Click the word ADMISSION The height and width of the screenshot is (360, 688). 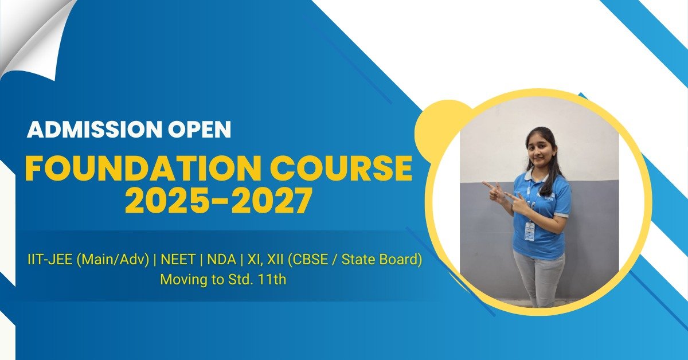pos(95,130)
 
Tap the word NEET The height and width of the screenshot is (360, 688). pos(178,260)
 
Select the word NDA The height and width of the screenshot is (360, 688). pos(221,260)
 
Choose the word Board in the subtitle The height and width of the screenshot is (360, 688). pos(401,260)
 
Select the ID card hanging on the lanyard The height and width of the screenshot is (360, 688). pos(530,232)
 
